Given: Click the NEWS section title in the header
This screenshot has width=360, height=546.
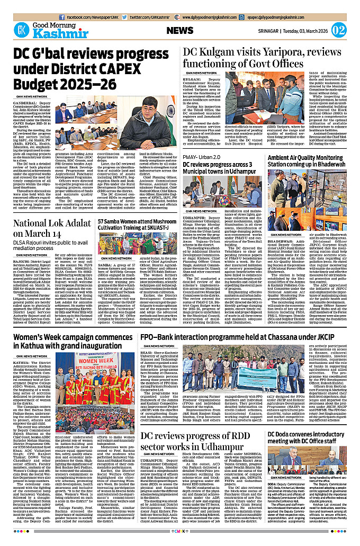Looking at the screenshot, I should tap(180, 31).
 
